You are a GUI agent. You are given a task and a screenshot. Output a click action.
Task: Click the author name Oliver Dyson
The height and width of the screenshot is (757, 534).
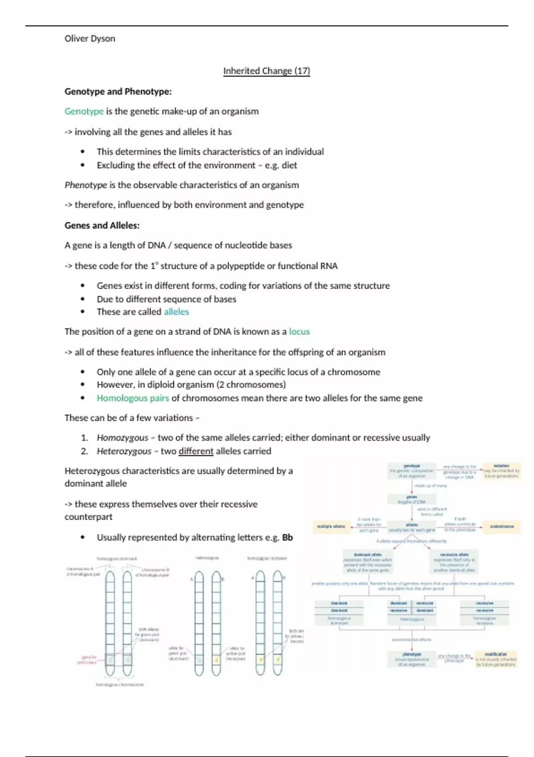coord(90,39)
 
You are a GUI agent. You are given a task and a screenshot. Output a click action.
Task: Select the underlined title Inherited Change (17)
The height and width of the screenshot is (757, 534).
coord(267,71)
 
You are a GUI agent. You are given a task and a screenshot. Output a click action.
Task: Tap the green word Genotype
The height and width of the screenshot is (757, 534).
coord(84,111)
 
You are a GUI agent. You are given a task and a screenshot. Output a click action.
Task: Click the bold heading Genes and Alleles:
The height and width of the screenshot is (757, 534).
coord(102,225)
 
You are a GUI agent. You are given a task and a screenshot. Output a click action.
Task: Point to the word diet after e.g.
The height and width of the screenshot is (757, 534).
coord(289,165)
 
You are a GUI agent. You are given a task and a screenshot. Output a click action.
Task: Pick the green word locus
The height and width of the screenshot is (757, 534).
coord(299,331)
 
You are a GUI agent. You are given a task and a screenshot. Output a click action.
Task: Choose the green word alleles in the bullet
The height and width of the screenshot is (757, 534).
coord(176,312)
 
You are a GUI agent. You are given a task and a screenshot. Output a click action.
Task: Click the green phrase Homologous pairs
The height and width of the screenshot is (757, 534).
coord(133,398)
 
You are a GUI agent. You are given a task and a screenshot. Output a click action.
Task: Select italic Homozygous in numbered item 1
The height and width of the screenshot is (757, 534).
coord(122,438)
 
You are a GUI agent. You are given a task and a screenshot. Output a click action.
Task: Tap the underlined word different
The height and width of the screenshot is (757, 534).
coord(196,451)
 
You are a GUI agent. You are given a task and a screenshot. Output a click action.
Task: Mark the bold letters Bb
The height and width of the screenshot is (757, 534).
coord(287,537)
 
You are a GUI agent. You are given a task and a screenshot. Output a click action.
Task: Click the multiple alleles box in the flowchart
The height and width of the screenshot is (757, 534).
coord(331,526)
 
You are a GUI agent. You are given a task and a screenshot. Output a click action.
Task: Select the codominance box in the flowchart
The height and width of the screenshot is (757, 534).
coord(502,526)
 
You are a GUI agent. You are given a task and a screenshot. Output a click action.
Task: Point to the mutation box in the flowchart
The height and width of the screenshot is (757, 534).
coord(502,471)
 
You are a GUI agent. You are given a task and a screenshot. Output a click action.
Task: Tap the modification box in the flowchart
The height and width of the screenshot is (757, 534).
coord(496,659)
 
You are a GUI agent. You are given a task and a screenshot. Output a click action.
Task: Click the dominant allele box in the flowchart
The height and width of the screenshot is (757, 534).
coord(368,562)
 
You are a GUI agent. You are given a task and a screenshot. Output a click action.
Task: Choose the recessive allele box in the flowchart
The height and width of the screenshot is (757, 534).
coord(454,562)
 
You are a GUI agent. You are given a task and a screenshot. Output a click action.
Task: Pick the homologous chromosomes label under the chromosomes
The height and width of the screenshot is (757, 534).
coord(120,685)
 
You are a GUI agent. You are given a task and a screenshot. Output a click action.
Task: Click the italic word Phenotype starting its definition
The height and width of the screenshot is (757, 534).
coord(86,185)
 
